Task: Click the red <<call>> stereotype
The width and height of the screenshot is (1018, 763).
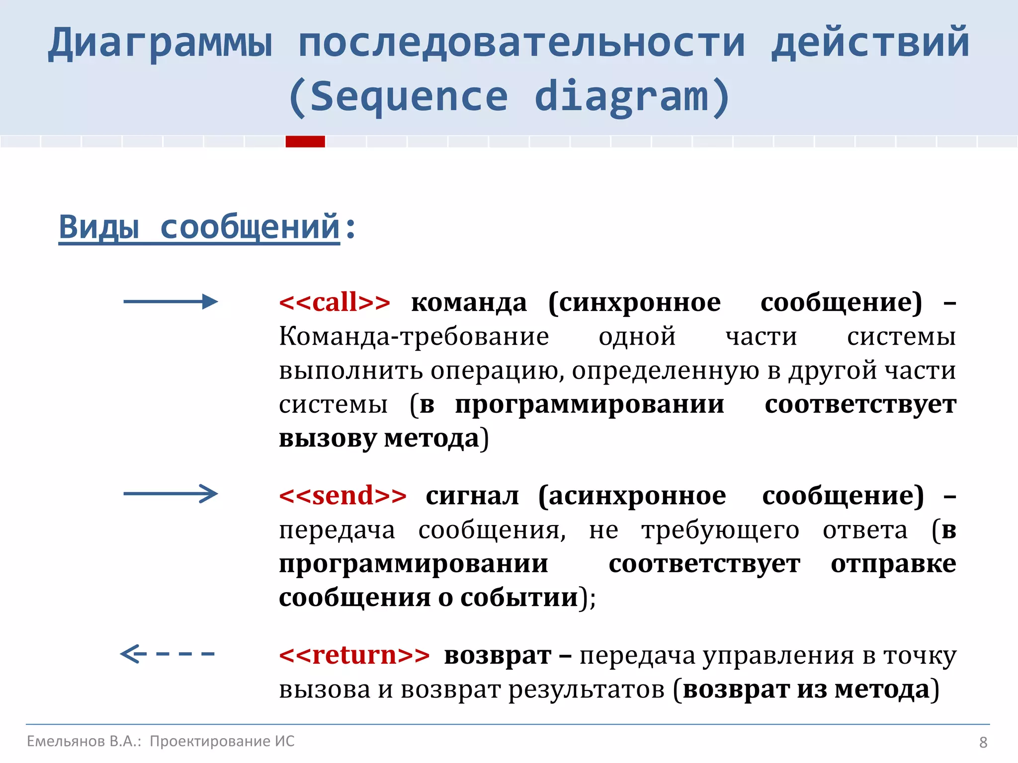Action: click(335, 303)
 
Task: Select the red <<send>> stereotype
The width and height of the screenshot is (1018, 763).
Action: click(342, 496)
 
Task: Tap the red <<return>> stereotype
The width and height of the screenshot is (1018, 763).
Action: click(354, 655)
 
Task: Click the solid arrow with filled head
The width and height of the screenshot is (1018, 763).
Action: click(170, 302)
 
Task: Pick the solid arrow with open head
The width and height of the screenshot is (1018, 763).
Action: click(170, 493)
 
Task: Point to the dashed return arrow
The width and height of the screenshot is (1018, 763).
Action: click(168, 654)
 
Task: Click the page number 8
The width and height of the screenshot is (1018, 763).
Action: click(983, 742)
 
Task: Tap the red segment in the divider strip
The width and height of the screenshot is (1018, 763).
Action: click(305, 142)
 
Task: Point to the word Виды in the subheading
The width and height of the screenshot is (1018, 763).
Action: click(98, 228)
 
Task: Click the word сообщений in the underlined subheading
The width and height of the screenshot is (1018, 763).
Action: click(250, 228)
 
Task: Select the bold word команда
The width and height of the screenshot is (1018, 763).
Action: click(469, 303)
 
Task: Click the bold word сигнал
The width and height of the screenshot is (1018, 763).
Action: click(472, 496)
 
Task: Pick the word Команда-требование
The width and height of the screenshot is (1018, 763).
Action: click(414, 337)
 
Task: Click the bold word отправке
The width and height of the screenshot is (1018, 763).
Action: click(893, 564)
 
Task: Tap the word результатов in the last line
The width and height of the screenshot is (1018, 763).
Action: click(586, 690)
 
